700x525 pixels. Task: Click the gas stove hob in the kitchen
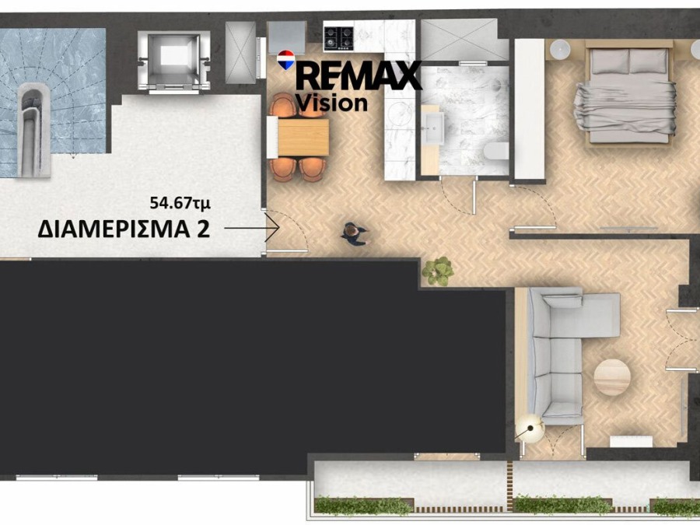[x=339, y=38]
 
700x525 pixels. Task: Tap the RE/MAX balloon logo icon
[x=285, y=60]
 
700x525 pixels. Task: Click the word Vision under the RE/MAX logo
[x=331, y=103]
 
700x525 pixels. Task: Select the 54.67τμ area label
[x=180, y=203]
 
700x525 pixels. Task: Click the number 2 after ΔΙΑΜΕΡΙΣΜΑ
[x=203, y=229]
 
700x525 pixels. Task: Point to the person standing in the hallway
[x=355, y=233]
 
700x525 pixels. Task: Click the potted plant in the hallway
[x=438, y=271]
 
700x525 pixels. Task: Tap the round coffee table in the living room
[x=612, y=377]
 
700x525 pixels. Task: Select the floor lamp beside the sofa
[x=530, y=428]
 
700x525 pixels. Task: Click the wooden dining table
[x=303, y=137]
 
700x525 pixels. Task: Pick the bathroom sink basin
[x=432, y=128]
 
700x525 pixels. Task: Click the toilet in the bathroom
[x=496, y=151]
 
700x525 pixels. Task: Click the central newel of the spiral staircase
[x=34, y=131]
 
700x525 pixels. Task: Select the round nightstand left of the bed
[x=560, y=50]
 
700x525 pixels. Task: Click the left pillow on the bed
[x=610, y=61]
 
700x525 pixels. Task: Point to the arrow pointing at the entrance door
[x=252, y=228]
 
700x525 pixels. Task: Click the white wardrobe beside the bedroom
[x=530, y=110]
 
